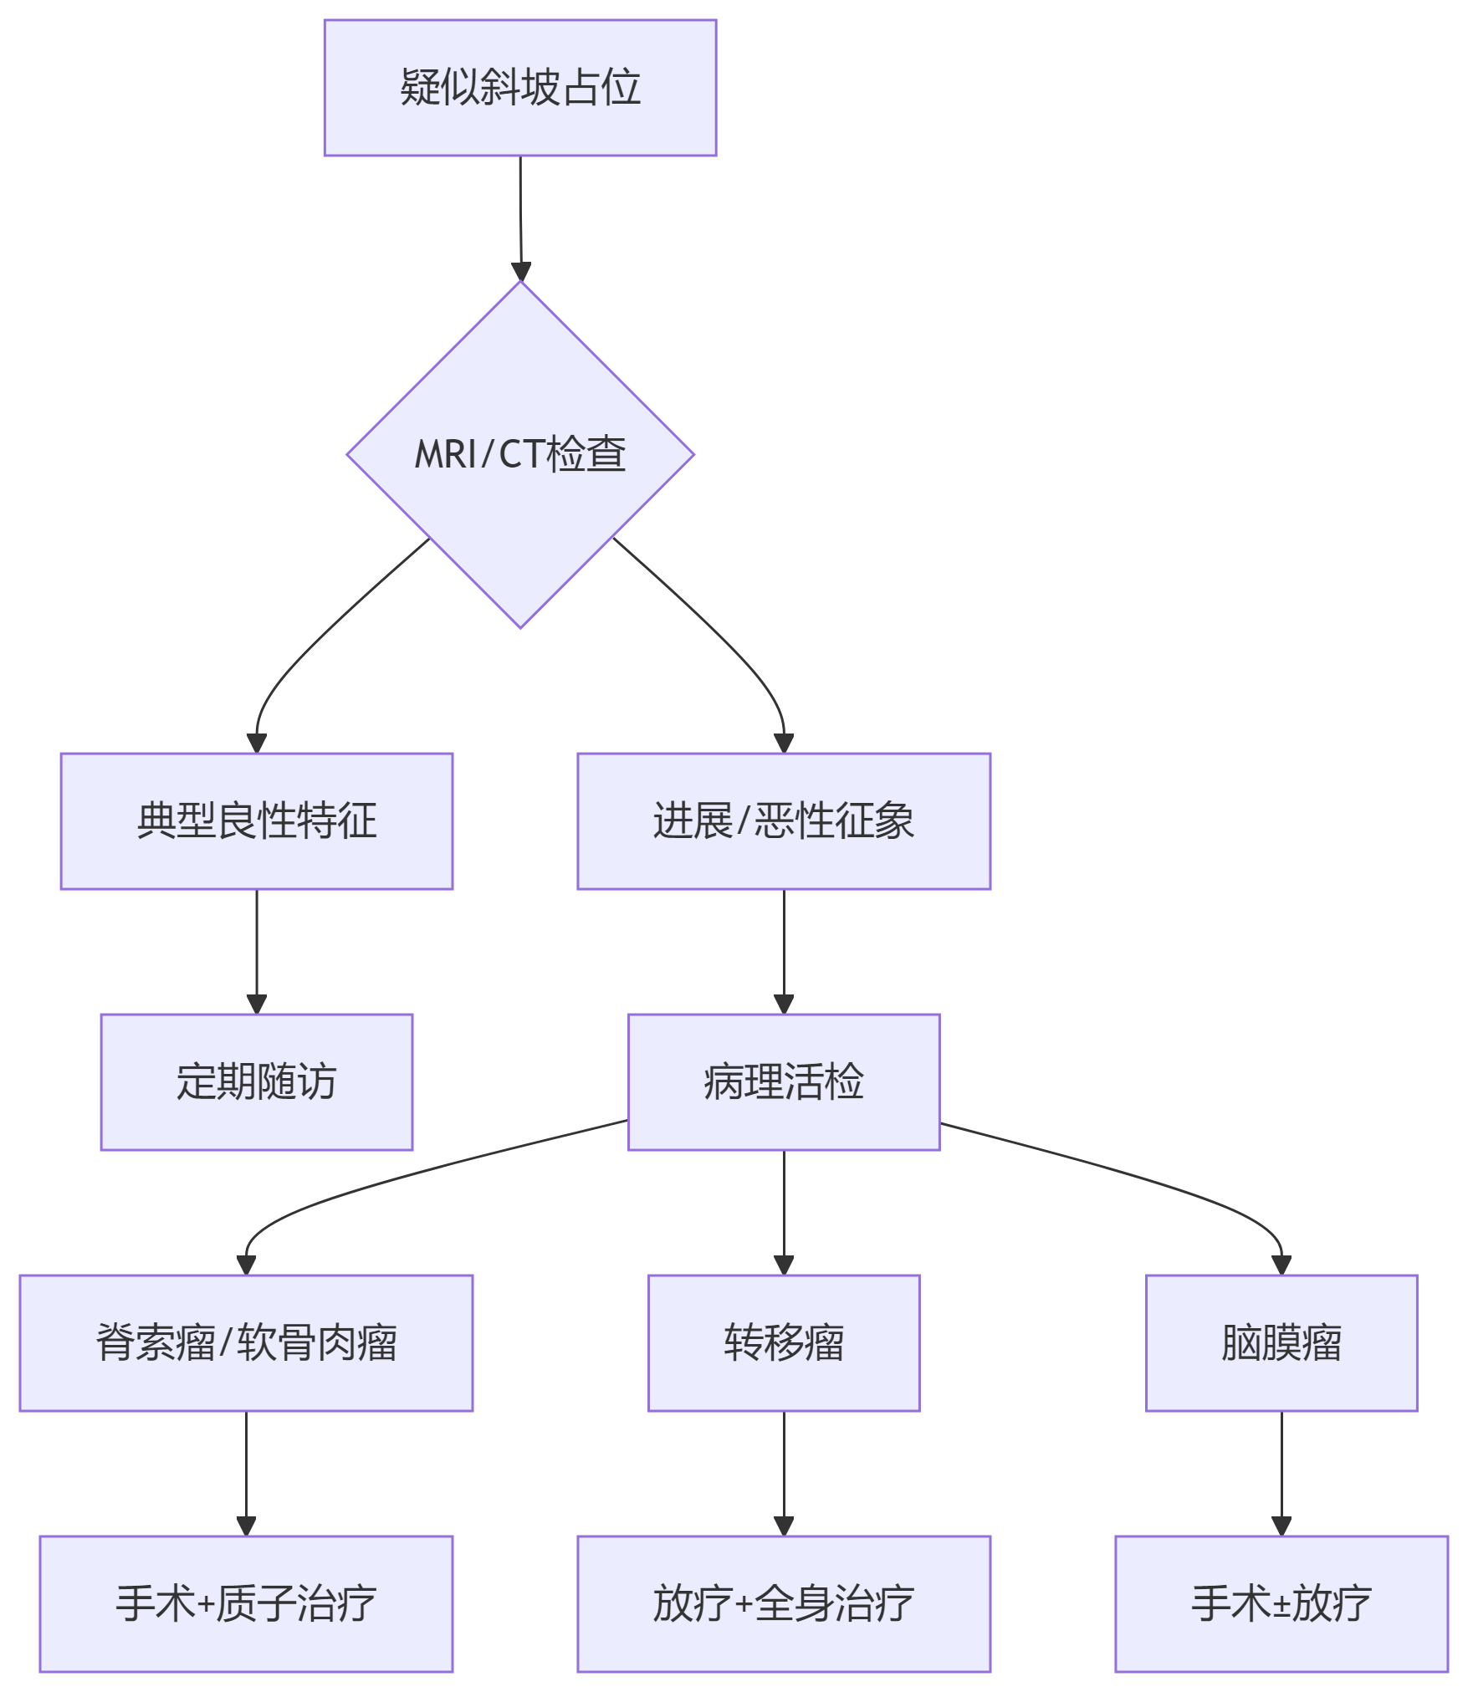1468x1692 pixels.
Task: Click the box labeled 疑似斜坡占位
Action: click(x=520, y=88)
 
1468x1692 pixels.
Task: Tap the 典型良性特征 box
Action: click(x=257, y=820)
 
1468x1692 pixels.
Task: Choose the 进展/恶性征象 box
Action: click(x=784, y=820)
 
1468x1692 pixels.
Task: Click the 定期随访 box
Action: click(x=257, y=1081)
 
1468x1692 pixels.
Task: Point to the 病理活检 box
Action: click(x=784, y=1081)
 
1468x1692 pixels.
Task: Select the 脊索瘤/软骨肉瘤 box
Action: click(x=246, y=1342)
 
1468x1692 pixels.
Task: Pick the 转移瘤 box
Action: click(x=784, y=1342)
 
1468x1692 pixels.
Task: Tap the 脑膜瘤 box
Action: click(x=1281, y=1342)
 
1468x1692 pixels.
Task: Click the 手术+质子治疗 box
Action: click(x=246, y=1603)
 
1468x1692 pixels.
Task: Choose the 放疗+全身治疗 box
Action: click(x=784, y=1603)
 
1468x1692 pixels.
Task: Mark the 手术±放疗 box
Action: click(x=1281, y=1603)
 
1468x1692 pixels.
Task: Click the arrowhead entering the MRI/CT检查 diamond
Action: click(x=521, y=272)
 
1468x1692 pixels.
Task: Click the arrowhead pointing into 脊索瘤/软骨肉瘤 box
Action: click(x=246, y=1265)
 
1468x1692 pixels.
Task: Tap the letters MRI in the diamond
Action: click(x=445, y=455)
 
